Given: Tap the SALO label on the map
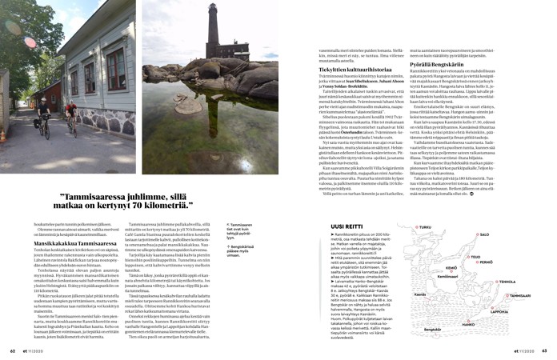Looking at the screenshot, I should point(507,235).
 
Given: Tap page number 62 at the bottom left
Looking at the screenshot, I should point(13,350).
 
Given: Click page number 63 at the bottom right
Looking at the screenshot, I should point(544,350).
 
